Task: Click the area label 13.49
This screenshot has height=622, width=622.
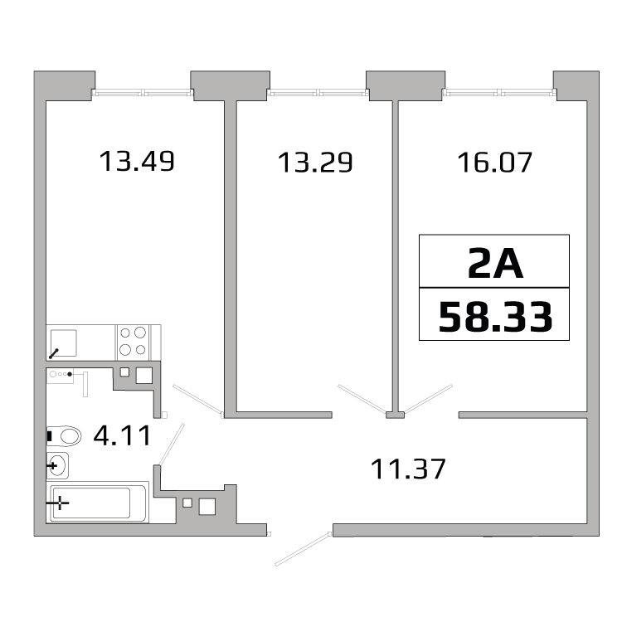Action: click(x=137, y=162)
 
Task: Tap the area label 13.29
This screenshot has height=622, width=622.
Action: click(x=315, y=163)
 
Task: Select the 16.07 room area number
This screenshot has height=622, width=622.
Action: click(x=494, y=163)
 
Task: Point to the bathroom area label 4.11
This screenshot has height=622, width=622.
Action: click(x=122, y=435)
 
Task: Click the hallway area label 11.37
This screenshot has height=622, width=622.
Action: click(x=408, y=469)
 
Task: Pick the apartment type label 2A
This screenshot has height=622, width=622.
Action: click(x=495, y=263)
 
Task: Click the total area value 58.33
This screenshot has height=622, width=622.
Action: click(x=495, y=317)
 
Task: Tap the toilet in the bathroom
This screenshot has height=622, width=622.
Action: click(x=64, y=436)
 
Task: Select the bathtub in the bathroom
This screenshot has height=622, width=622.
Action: click(x=98, y=503)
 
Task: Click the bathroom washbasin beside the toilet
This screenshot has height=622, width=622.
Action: click(x=57, y=465)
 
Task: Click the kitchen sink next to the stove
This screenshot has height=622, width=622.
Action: click(x=63, y=343)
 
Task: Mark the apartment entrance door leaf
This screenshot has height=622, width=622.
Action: click(x=302, y=549)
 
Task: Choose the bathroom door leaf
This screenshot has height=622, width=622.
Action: click(x=172, y=445)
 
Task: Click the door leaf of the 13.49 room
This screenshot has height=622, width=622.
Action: click(x=198, y=400)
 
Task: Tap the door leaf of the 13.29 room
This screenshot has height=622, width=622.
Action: click(x=362, y=399)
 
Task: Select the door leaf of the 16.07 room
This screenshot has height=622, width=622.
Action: click(x=427, y=398)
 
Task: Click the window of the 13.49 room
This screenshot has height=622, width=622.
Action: click(x=143, y=93)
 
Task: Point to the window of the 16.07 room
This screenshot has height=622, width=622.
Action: click(x=499, y=93)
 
